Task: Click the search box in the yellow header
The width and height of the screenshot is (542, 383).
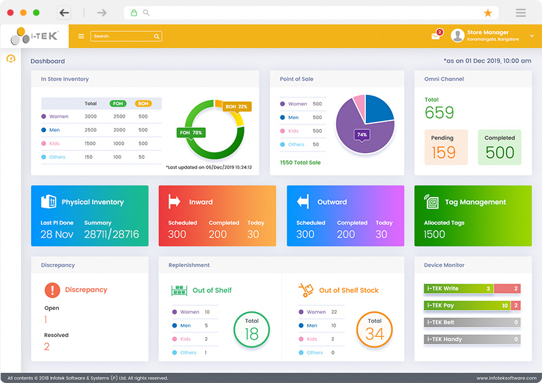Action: [126, 37]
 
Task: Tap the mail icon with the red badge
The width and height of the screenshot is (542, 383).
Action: [436, 36]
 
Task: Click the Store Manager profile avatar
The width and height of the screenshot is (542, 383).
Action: [457, 36]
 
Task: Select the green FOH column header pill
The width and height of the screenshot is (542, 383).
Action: [118, 104]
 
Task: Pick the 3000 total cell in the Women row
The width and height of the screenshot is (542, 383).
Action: [91, 116]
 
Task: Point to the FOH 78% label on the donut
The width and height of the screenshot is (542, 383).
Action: [191, 133]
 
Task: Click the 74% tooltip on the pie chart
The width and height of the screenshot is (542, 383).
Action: [362, 135]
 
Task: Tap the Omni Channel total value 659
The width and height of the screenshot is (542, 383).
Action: [439, 113]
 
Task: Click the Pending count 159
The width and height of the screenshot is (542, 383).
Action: [444, 152]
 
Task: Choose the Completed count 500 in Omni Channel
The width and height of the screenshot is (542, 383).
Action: [499, 152]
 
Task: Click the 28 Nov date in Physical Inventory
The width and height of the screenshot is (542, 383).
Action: [57, 234]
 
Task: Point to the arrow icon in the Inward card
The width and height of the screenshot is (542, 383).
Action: [174, 202]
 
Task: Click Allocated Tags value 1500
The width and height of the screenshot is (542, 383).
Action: [434, 234]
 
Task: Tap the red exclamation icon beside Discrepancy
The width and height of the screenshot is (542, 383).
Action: [52, 290]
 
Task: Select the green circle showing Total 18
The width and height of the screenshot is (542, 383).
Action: [251, 330]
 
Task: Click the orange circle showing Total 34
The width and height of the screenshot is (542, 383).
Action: [375, 330]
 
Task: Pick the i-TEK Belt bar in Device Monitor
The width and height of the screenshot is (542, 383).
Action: [472, 322]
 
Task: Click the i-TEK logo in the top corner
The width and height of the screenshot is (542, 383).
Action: [35, 36]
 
